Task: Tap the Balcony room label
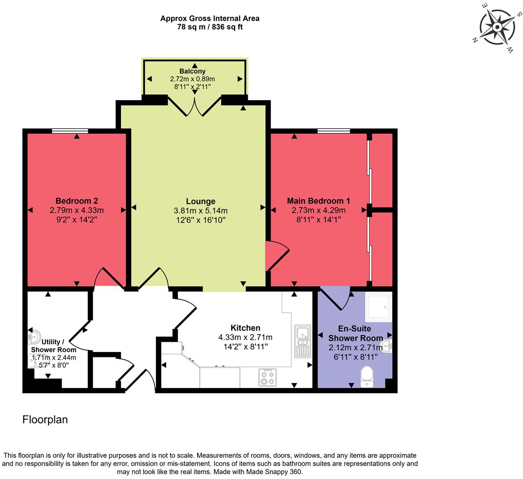(192, 71)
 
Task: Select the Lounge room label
(200, 202)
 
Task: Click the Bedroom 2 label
(77, 201)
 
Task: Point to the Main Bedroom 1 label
(318, 201)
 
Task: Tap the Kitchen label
(245, 328)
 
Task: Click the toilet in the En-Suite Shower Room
(367, 376)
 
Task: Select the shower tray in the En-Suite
(378, 307)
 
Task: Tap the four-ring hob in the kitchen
(267, 377)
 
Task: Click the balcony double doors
(195, 105)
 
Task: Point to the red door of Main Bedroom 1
(276, 256)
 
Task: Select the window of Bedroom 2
(70, 131)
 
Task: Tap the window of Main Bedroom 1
(334, 131)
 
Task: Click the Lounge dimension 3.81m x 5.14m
(200, 211)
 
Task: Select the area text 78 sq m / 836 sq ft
(210, 27)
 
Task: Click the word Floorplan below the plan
(45, 420)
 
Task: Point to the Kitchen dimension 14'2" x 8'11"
(245, 346)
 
